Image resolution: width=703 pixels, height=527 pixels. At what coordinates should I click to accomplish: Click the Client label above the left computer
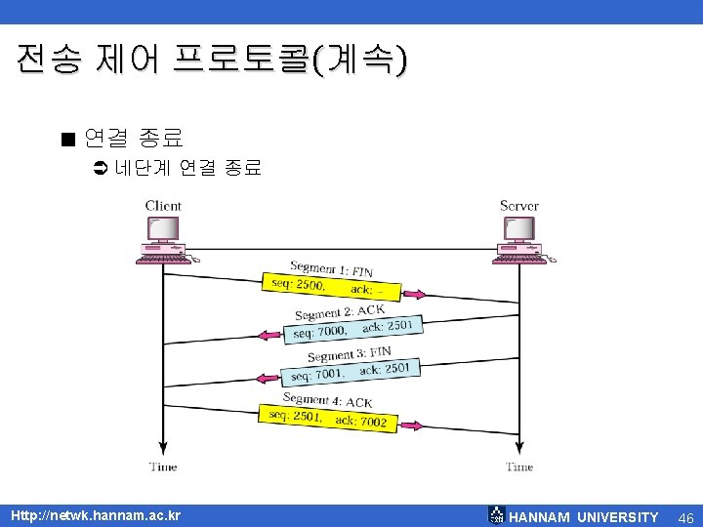click(x=163, y=205)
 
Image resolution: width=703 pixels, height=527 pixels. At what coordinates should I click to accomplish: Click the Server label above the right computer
click(x=518, y=205)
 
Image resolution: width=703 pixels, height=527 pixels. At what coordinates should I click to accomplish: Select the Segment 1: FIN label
click(x=331, y=268)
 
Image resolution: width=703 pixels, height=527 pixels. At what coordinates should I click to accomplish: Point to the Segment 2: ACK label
click(x=340, y=312)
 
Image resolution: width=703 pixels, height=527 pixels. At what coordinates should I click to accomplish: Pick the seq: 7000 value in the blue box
click(x=319, y=332)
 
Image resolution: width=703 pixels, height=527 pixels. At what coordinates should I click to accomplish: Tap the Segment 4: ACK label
click(x=327, y=400)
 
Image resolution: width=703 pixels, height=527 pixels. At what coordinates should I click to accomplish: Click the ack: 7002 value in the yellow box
click(x=361, y=421)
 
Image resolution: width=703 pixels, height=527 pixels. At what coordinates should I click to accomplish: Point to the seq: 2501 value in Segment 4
click(x=296, y=416)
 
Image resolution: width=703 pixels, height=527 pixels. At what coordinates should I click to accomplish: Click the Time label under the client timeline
click(x=163, y=466)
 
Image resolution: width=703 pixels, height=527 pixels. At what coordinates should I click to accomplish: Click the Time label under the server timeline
click(x=519, y=466)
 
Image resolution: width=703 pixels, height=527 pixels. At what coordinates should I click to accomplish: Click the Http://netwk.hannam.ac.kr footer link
click(x=95, y=515)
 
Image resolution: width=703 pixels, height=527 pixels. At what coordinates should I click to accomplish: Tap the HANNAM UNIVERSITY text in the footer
click(x=583, y=516)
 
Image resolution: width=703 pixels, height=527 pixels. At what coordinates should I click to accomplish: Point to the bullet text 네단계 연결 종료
click(x=187, y=168)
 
